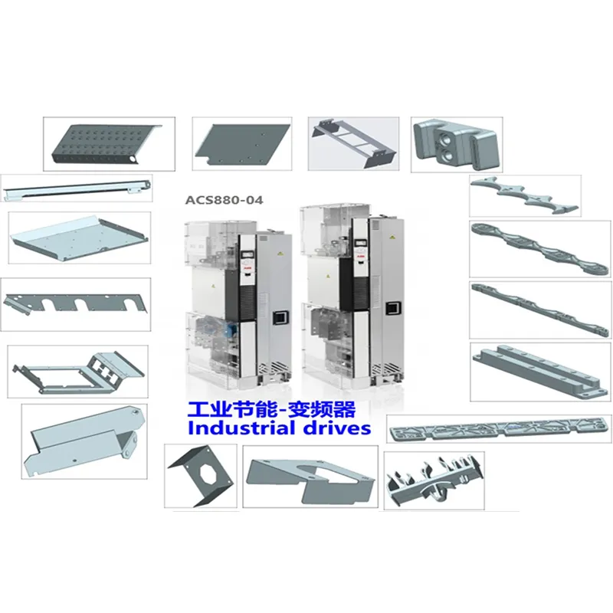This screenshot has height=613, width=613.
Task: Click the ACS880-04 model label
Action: click(224, 200)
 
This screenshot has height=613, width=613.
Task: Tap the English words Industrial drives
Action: click(279, 428)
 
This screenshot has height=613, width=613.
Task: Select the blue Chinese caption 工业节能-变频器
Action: click(272, 410)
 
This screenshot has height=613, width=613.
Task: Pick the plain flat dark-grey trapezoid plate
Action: click(242, 143)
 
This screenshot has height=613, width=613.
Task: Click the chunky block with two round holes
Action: click(457, 144)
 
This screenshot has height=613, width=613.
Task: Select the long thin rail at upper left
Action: click(77, 188)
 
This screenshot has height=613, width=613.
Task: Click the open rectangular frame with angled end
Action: click(78, 372)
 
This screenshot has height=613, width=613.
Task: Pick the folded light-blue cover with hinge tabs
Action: click(84, 441)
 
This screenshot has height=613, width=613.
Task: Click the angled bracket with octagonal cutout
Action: click(201, 477)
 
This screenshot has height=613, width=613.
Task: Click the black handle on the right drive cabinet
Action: click(392, 309)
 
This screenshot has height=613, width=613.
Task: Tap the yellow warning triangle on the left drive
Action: click(279, 254)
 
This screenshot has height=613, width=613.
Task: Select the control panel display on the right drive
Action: click(359, 244)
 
